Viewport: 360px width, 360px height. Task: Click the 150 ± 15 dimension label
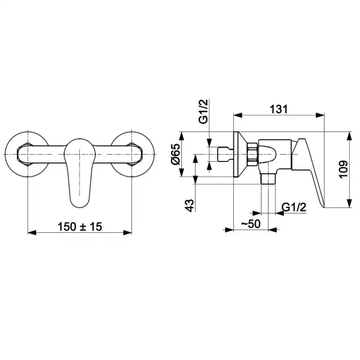pyautogui.click(x=80, y=227)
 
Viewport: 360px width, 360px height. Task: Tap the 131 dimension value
pyautogui.click(x=278, y=109)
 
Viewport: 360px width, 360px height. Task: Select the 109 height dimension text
pyautogui.click(x=343, y=169)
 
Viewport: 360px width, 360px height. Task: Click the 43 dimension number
pyautogui.click(x=190, y=206)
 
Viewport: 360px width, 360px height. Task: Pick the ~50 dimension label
pyautogui.click(x=251, y=224)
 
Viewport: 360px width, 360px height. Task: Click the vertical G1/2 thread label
pyautogui.click(x=204, y=112)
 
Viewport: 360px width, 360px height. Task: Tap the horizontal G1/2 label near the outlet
pyautogui.click(x=294, y=207)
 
